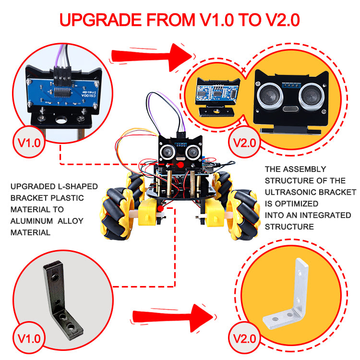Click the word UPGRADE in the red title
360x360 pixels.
coord(101,20)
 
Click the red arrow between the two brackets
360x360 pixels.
coord(173,318)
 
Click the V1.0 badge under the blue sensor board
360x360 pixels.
coord(29,143)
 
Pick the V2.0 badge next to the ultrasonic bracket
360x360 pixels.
coord(244,143)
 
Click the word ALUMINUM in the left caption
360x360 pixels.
coord(32,221)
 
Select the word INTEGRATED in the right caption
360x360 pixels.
coord(325,215)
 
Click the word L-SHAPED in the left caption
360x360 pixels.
coord(78,186)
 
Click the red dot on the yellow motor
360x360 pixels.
coord(160,209)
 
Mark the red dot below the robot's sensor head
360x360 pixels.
coord(181,165)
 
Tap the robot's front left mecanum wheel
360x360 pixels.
coord(117,214)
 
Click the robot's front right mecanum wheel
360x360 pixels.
coord(243,215)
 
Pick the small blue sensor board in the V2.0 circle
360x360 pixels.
coord(216,94)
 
